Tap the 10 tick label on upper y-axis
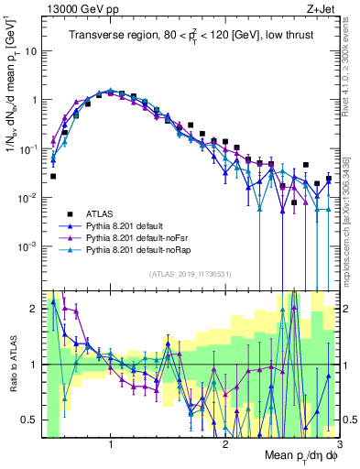29,51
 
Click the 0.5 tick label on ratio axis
27,420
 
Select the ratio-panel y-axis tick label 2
33,309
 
